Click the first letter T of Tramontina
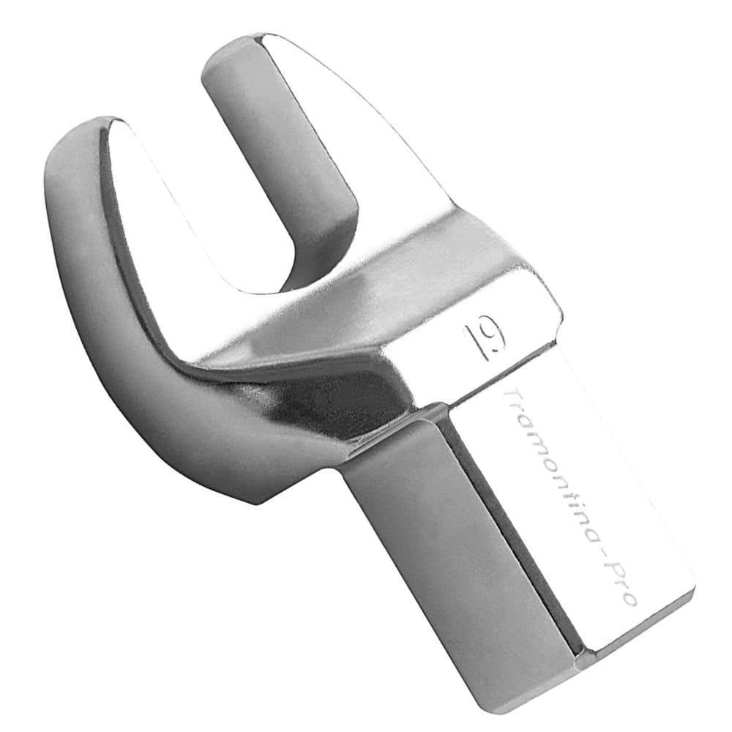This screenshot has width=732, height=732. coord(512,397)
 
